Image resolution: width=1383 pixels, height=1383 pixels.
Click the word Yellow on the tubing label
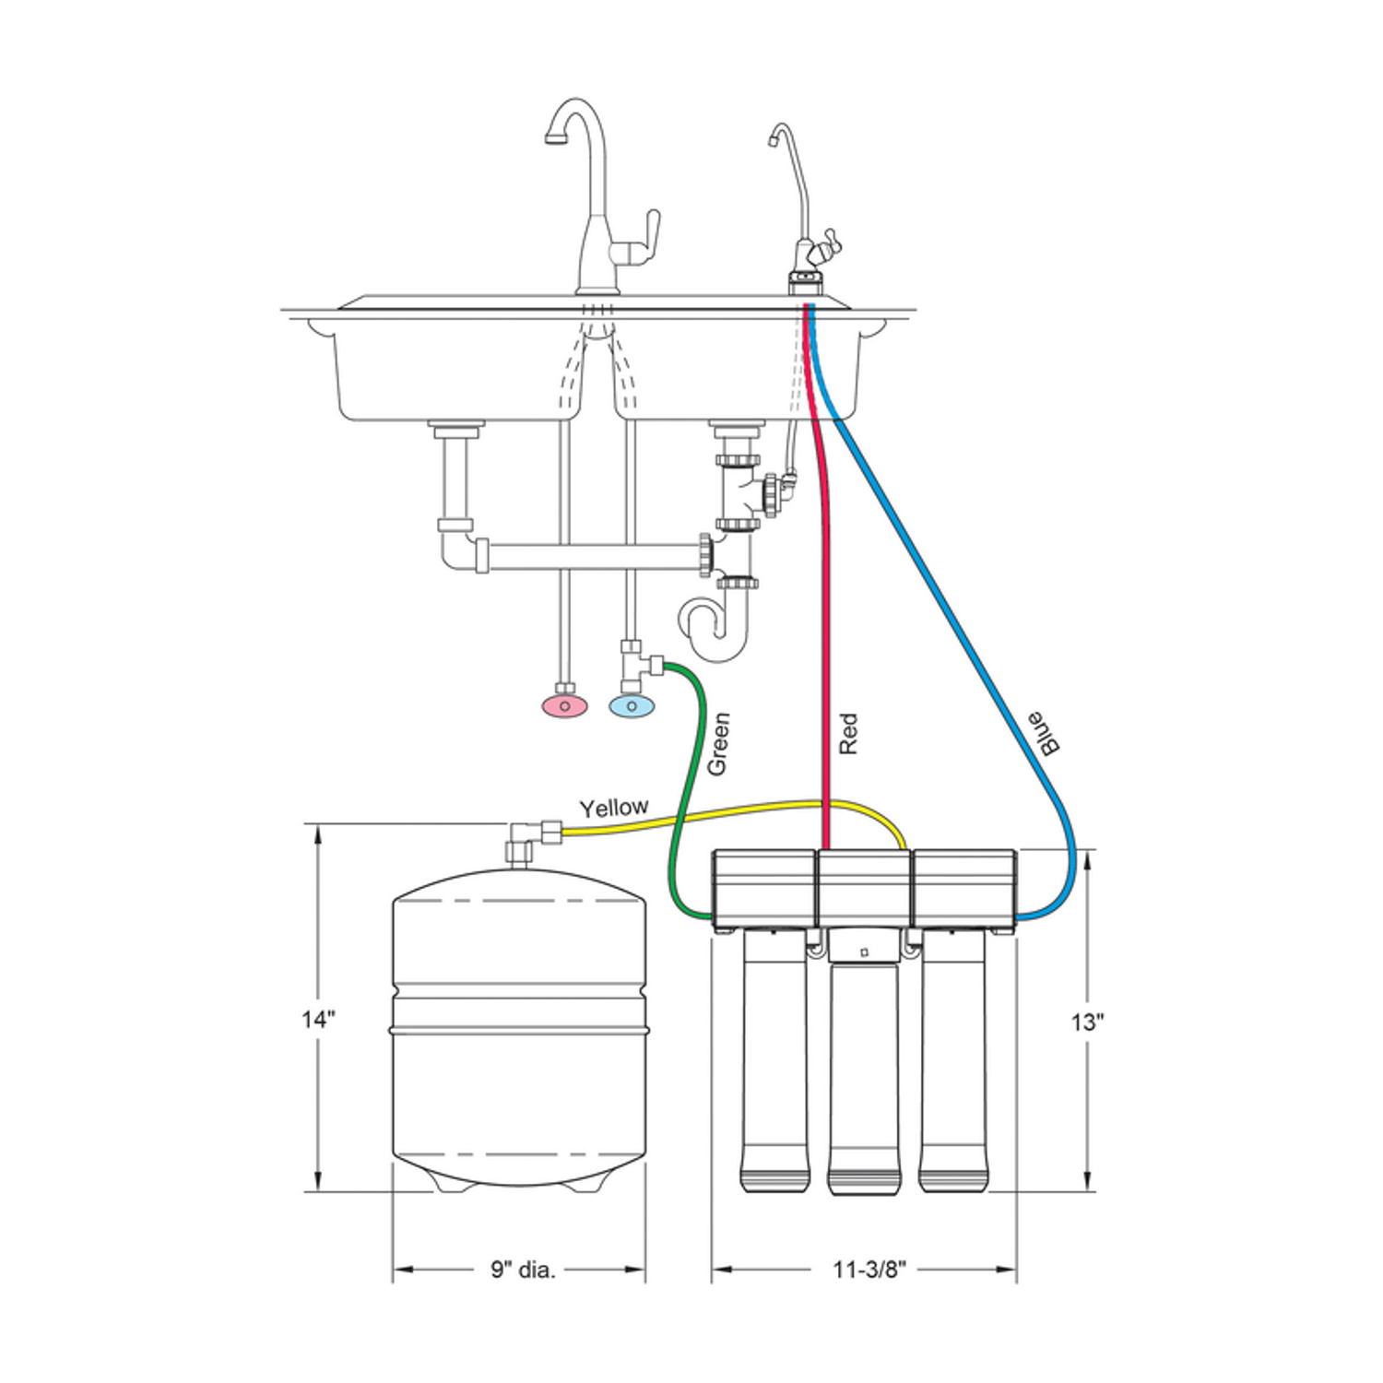click(613, 808)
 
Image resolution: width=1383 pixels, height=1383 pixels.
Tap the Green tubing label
click(718, 743)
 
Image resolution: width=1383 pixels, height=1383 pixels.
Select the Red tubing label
click(848, 734)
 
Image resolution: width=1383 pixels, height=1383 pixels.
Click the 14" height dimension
click(318, 1020)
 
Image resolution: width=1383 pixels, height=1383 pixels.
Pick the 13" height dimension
click(1088, 1022)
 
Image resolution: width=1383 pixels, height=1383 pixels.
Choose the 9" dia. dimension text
click(523, 1270)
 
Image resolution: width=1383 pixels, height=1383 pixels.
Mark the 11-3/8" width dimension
click(869, 1270)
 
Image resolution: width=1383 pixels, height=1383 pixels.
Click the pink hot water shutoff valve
click(563, 706)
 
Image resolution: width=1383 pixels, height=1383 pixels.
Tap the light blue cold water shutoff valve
click(632, 706)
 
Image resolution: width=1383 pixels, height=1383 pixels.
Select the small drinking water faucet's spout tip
click(770, 141)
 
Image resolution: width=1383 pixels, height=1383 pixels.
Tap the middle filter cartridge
click(864, 1079)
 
